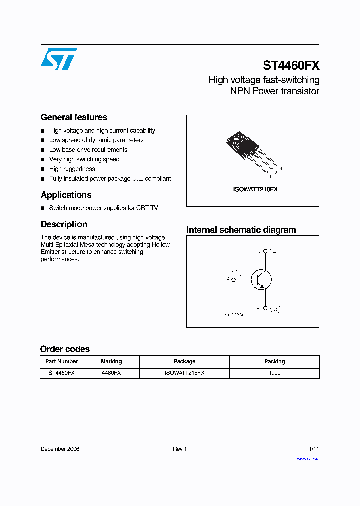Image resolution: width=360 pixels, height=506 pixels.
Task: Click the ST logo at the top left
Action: (x=59, y=59)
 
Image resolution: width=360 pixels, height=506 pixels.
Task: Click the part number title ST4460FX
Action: (x=291, y=66)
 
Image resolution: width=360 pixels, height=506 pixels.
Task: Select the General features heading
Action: (x=74, y=117)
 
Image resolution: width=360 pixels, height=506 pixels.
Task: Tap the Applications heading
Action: (x=66, y=195)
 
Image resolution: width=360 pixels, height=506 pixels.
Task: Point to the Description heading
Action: (x=64, y=224)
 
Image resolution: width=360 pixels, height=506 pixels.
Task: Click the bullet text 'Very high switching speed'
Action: (x=84, y=159)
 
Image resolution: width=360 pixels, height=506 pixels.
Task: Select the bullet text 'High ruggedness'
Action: (x=72, y=169)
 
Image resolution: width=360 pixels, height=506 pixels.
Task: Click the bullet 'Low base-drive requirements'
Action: (x=88, y=150)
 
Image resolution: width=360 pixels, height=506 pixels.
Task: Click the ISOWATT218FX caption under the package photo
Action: (x=255, y=190)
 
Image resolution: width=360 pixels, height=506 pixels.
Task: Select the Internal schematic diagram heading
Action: (x=241, y=230)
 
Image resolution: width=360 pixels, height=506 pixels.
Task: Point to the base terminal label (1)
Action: (x=236, y=272)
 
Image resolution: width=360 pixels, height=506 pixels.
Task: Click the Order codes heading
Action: (x=65, y=349)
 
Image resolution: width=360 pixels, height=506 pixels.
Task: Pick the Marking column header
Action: (x=111, y=361)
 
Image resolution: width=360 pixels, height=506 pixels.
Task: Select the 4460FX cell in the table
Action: (x=111, y=373)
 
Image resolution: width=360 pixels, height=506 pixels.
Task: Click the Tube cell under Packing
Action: (x=274, y=373)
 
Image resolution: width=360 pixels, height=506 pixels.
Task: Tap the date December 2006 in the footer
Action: (x=60, y=449)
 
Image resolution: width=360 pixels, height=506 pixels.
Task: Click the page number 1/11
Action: (x=313, y=449)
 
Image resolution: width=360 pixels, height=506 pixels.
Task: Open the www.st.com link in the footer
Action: (x=308, y=458)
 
